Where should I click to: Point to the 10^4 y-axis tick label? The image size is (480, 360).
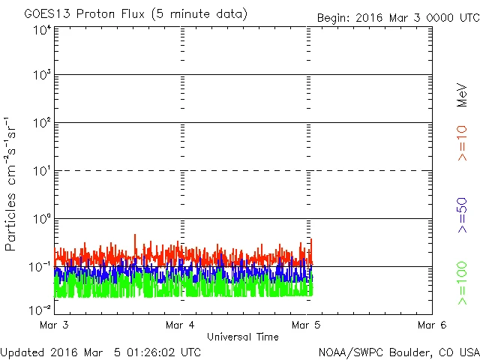(42, 31)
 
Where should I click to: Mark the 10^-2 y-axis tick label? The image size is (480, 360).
(40, 309)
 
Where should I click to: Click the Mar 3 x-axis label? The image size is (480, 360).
(55, 325)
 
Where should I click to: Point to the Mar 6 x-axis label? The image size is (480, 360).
(432, 325)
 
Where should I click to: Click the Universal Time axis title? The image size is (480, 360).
(243, 337)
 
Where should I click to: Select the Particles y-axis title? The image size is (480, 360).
(13, 184)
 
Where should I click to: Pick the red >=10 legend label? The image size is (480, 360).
(462, 142)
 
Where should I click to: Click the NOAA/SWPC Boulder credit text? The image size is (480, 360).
(398, 351)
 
